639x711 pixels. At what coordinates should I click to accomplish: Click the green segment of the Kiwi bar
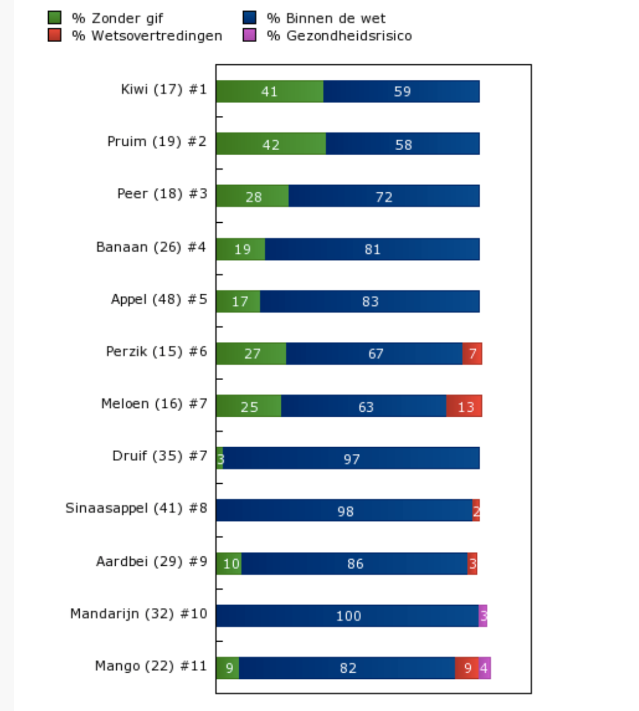coord(270,91)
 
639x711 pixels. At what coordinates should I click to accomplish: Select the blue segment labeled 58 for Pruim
coord(403,144)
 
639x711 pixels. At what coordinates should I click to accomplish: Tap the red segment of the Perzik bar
coord(472,353)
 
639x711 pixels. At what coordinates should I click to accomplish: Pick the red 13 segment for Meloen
coord(464,406)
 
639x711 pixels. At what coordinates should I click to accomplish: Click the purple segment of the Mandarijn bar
coord(483,615)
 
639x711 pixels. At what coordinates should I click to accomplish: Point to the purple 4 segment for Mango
coord(484,668)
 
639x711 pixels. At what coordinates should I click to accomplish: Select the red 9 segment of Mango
coord(466,668)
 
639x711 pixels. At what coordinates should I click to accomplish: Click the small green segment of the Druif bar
coord(220,458)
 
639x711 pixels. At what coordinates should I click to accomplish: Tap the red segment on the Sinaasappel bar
coord(476,510)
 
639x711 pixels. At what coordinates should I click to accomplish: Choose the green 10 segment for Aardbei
coord(229,564)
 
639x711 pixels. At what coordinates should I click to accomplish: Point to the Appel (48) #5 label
coord(159,300)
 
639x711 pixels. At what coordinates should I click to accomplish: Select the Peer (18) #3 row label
coord(162,194)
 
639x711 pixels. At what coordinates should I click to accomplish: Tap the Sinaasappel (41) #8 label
coord(136,508)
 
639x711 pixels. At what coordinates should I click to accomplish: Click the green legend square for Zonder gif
coord(55,17)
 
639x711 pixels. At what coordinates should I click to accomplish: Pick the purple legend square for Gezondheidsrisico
coord(249,35)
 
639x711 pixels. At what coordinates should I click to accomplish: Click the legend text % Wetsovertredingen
coord(147,36)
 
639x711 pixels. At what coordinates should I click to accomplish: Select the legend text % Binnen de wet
coord(326,18)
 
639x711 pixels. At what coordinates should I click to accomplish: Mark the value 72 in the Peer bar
coord(384,197)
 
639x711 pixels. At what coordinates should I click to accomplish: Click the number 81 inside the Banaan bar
coord(372,250)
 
